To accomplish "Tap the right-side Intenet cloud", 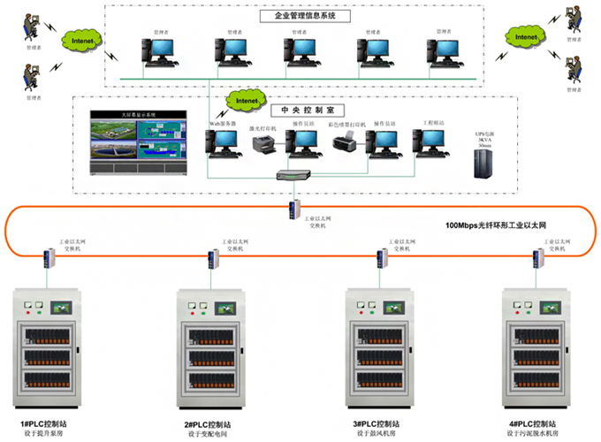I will click(525, 38).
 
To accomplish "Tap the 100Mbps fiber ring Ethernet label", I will click(495, 227).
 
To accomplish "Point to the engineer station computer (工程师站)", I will click(434, 140).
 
